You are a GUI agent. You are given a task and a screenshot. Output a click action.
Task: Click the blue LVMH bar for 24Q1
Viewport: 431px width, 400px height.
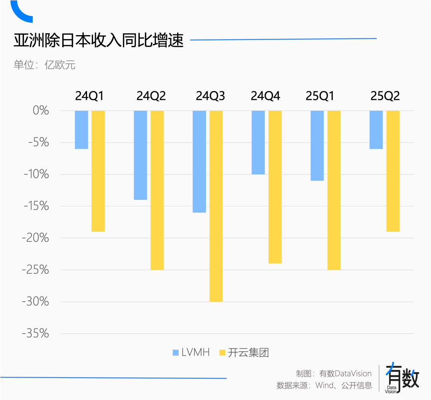tap(81, 130)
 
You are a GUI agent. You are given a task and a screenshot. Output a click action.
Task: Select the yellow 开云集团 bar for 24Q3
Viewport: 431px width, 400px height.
tap(216, 206)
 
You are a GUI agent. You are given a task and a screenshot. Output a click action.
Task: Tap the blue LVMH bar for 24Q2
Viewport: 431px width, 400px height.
tap(140, 155)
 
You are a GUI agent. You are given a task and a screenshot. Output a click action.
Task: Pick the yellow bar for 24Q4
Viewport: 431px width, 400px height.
tap(275, 187)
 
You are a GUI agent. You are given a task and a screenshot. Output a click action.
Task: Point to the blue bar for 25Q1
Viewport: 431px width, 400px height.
tap(317, 145)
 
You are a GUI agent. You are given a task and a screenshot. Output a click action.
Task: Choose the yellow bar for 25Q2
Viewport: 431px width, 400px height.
tap(393, 171)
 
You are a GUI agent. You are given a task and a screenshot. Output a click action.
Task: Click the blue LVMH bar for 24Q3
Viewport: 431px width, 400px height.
tap(199, 161)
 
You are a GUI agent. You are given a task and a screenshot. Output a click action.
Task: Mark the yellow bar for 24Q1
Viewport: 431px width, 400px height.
tap(98, 171)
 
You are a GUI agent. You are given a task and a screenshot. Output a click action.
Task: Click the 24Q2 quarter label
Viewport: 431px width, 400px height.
tap(151, 96)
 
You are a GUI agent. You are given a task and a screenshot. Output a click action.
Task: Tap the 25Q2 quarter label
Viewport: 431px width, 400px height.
tap(385, 96)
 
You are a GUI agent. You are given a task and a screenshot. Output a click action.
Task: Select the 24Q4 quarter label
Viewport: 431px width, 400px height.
tap(265, 96)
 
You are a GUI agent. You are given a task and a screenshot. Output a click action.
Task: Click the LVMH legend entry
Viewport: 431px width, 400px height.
tap(191, 352)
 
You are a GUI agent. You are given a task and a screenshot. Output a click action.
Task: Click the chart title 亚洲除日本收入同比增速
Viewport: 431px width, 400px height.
tap(99, 41)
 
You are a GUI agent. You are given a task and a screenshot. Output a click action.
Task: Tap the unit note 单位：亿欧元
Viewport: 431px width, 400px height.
tap(44, 65)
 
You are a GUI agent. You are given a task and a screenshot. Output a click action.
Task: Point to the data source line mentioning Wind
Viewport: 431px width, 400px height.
tap(324, 386)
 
